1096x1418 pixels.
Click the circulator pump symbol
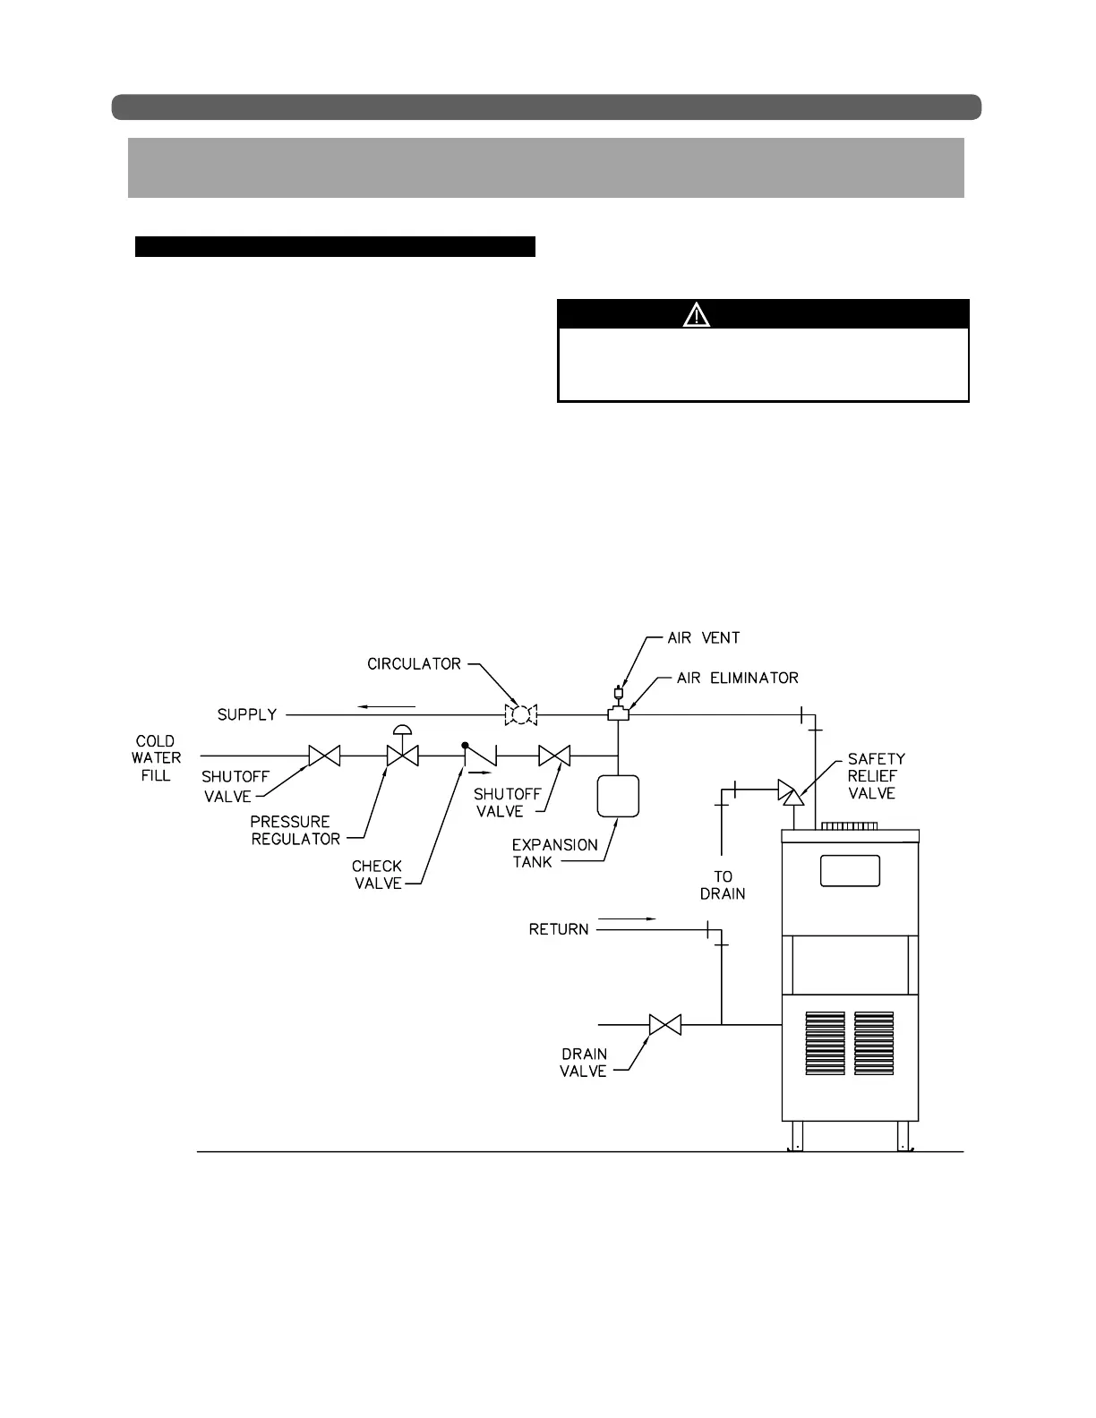tap(519, 714)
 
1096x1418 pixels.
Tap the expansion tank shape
tap(618, 796)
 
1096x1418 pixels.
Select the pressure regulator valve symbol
tap(402, 755)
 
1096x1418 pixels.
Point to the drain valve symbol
tap(664, 1024)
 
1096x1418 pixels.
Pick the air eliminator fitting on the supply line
tap(618, 713)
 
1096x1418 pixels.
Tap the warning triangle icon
tap(696, 314)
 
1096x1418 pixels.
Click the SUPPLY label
tap(247, 715)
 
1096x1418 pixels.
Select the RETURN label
tap(559, 930)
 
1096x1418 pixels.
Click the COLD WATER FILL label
tap(156, 758)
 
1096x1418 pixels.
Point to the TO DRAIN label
tap(723, 884)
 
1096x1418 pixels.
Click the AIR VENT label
tap(704, 638)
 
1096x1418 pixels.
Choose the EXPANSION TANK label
tap(554, 853)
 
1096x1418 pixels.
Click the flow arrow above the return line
tap(627, 918)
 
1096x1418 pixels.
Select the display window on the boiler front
tap(850, 871)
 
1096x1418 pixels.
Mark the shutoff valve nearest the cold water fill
tap(324, 756)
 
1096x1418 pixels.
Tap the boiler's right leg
tap(904, 1136)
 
